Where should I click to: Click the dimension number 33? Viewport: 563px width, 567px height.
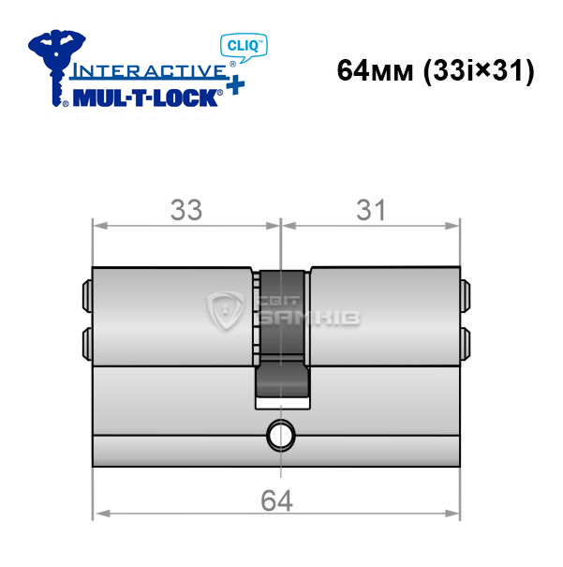tap(186, 210)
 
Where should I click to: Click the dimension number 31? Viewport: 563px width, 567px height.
tap(371, 210)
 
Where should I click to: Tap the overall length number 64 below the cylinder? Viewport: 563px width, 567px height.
tap(276, 500)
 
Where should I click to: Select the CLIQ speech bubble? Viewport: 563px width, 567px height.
tap(244, 48)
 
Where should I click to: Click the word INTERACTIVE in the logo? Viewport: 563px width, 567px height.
tap(149, 71)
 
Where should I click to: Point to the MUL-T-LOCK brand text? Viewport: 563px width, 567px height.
tap(145, 97)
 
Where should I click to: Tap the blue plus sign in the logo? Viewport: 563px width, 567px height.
tap(236, 85)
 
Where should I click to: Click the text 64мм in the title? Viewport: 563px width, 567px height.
tap(375, 70)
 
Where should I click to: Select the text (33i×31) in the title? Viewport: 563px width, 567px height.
tap(479, 71)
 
